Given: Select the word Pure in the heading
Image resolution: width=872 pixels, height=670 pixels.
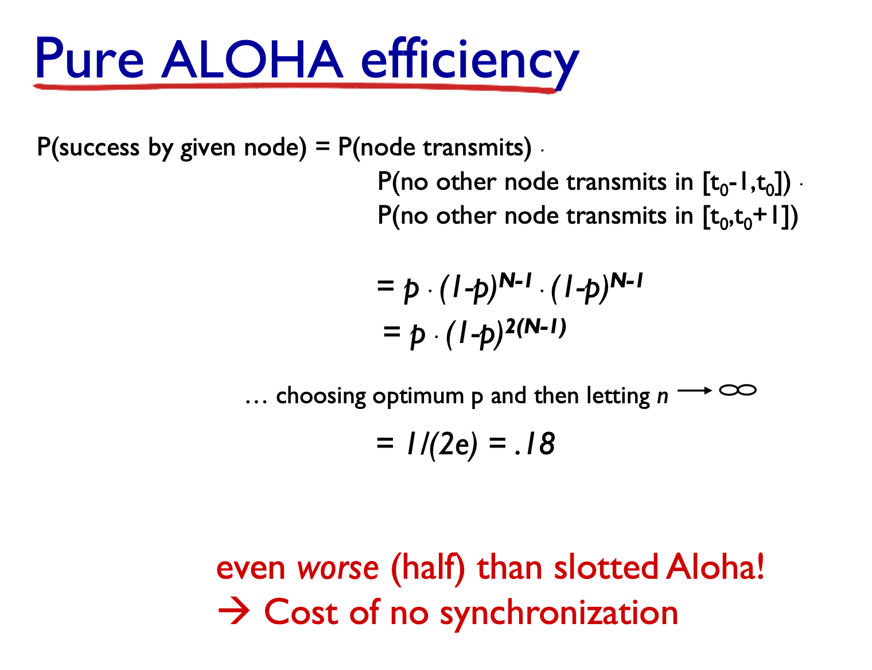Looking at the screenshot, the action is (89, 59).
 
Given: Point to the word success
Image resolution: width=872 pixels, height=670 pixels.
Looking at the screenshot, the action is (99, 147).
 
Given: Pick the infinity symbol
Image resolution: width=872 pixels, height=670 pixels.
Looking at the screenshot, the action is (738, 390).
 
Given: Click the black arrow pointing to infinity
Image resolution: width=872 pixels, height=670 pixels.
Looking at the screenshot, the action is (695, 391).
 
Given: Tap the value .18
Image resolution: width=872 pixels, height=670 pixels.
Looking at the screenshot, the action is (534, 444).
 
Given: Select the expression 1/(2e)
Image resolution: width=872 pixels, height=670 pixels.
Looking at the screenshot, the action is (442, 445).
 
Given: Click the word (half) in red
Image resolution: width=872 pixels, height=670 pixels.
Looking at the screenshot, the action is (428, 568).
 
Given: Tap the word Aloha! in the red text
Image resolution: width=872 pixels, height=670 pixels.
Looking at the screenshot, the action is (715, 567).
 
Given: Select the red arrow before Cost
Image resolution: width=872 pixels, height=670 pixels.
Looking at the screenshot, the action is (233, 612).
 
